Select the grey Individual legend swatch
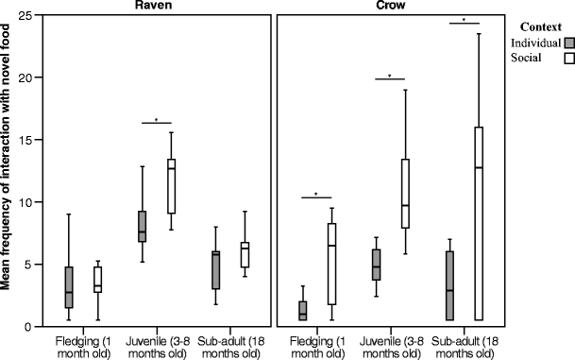tap(569, 43)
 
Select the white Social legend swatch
tap(569, 59)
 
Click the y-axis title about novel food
tap(8, 170)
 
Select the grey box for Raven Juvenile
tap(142, 227)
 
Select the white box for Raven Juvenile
tap(171, 180)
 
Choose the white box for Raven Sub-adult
tap(245, 254)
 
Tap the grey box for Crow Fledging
tap(303, 311)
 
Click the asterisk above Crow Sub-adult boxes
tap(465, 19)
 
